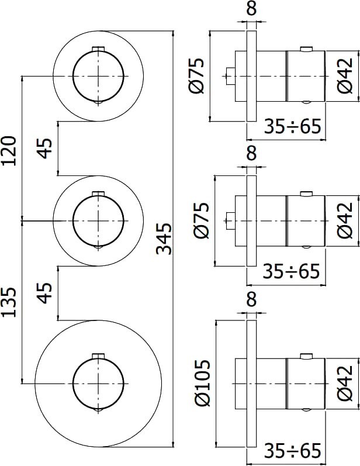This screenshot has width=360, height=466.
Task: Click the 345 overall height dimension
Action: [x=165, y=238]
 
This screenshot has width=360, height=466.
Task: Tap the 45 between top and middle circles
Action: [x=46, y=148]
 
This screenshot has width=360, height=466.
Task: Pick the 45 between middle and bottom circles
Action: [x=46, y=294]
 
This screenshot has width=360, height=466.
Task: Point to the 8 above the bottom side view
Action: [x=251, y=299]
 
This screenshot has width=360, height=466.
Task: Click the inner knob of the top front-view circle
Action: [x=98, y=75]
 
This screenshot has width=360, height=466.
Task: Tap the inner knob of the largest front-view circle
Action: [x=98, y=383]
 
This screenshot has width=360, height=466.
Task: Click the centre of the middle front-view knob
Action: [x=98, y=220]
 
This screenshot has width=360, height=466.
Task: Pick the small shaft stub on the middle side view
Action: [x=230, y=220]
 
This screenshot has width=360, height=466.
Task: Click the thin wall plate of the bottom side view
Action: [x=251, y=383]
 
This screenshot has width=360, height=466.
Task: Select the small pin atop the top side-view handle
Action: [x=305, y=49]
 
